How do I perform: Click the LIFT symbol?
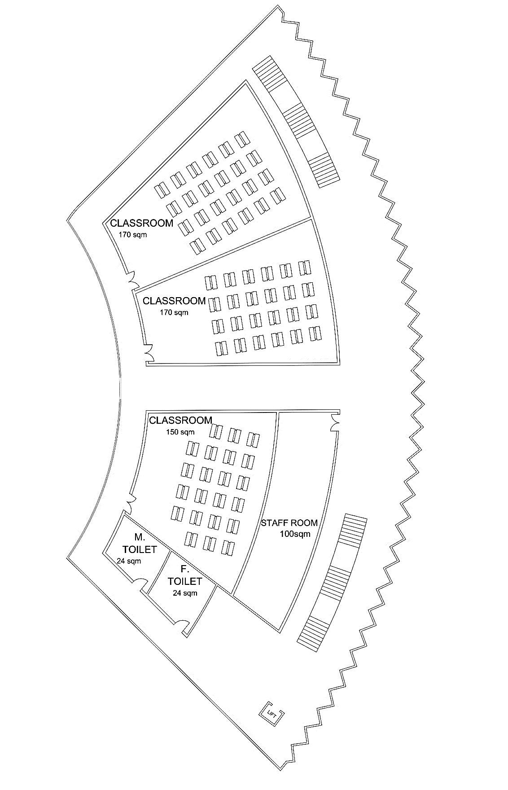tap(272, 712)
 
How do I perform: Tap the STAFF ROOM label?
tap(289, 523)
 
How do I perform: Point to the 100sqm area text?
tap(295, 534)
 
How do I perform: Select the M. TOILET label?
tap(140, 543)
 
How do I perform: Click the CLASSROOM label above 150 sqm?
tap(180, 421)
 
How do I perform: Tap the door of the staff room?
tap(334, 422)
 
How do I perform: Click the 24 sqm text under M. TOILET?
tap(128, 561)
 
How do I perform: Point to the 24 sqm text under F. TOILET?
tap(185, 593)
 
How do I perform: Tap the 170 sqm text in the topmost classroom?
tap(132, 234)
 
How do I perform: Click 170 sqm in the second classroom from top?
tap(174, 312)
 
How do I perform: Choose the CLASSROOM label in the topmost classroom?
tap(141, 223)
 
